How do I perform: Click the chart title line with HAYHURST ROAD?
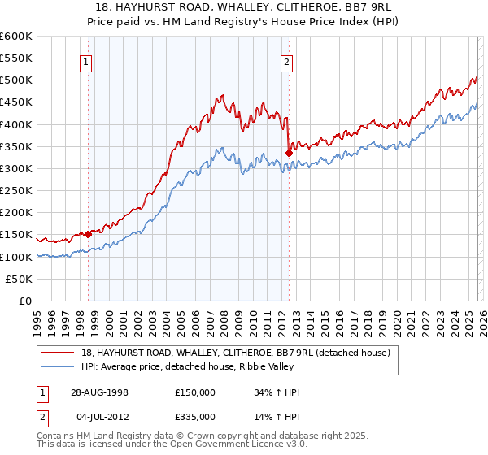pyautogui.click(x=243, y=7)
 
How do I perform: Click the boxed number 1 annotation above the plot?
pyautogui.click(x=85, y=61)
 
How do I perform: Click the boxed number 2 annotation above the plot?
pyautogui.click(x=287, y=61)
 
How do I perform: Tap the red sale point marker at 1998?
pyautogui.click(x=89, y=234)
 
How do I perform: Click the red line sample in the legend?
pyautogui.click(x=59, y=353)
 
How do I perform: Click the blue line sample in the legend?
pyautogui.click(x=59, y=366)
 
